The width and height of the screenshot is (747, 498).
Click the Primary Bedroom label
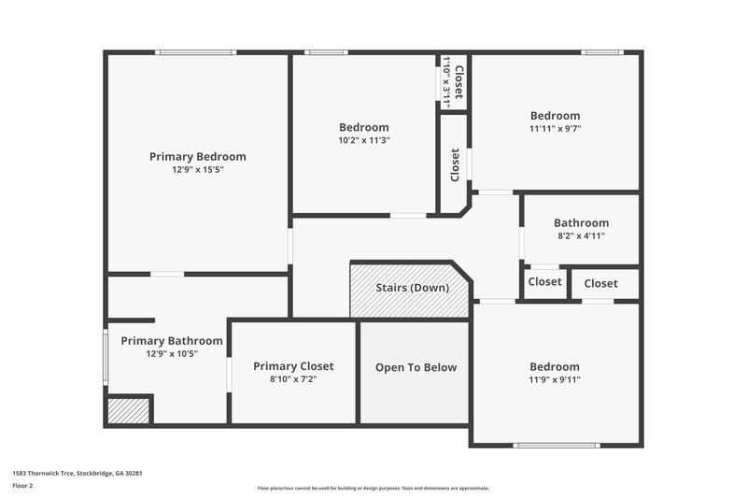[197, 157]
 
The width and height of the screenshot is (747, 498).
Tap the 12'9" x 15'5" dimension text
[197, 170]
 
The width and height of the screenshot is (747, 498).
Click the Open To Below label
[416, 367]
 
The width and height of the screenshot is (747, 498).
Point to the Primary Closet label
[293, 366]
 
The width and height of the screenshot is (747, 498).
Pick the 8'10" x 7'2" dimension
[293, 379]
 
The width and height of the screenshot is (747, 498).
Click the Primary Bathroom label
[172, 341]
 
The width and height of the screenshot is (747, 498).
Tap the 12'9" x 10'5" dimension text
[172, 354]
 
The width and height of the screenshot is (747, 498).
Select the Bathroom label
[581, 223]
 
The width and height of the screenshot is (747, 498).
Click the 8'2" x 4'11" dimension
[581, 236]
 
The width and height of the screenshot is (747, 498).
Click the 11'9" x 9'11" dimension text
[555, 380]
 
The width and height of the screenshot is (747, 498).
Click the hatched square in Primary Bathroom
[128, 411]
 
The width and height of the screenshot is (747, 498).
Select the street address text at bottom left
[78, 473]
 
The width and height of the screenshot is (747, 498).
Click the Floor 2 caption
[22, 487]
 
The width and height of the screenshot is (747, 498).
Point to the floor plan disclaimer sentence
[373, 488]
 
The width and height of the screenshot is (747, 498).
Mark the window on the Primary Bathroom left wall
[105, 355]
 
